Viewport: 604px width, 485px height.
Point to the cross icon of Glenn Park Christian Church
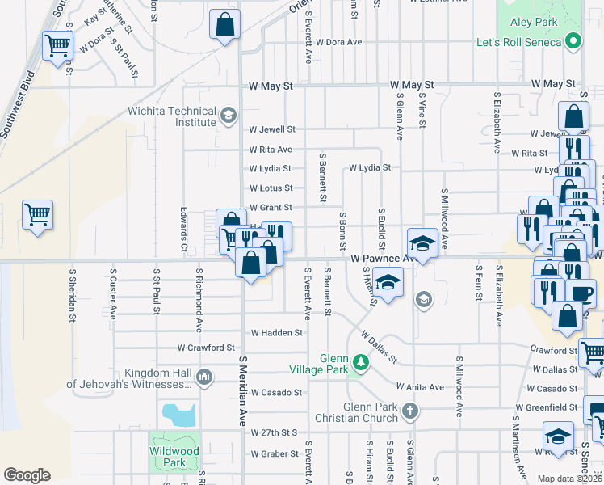(409, 411)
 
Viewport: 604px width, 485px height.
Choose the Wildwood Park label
(174, 457)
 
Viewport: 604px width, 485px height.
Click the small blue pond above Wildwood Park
(178, 415)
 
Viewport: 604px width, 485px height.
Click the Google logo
(27, 475)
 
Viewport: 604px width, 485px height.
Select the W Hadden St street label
(276, 332)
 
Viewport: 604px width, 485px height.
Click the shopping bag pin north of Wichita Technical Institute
(224, 24)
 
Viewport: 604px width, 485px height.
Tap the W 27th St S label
(275, 434)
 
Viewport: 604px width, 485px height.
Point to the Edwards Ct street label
(184, 231)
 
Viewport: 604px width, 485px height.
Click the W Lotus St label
(271, 188)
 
